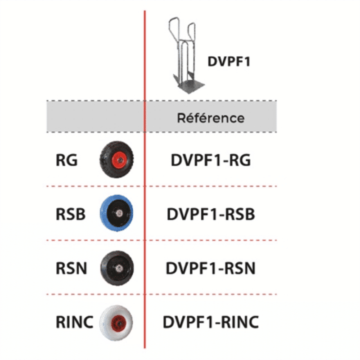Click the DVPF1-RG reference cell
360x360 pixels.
pos(211,160)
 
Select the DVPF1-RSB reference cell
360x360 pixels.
pos(211,214)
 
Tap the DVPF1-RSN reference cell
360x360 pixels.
pos(211,269)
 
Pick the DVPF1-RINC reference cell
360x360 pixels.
pos(211,322)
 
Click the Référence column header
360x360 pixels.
pos(211,118)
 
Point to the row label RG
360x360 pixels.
pos(67,160)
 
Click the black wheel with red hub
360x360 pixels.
pos(117,160)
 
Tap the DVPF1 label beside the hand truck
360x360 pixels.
pos(229,62)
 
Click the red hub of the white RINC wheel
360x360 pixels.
pos(118,322)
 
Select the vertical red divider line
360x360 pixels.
pos(145,225)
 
